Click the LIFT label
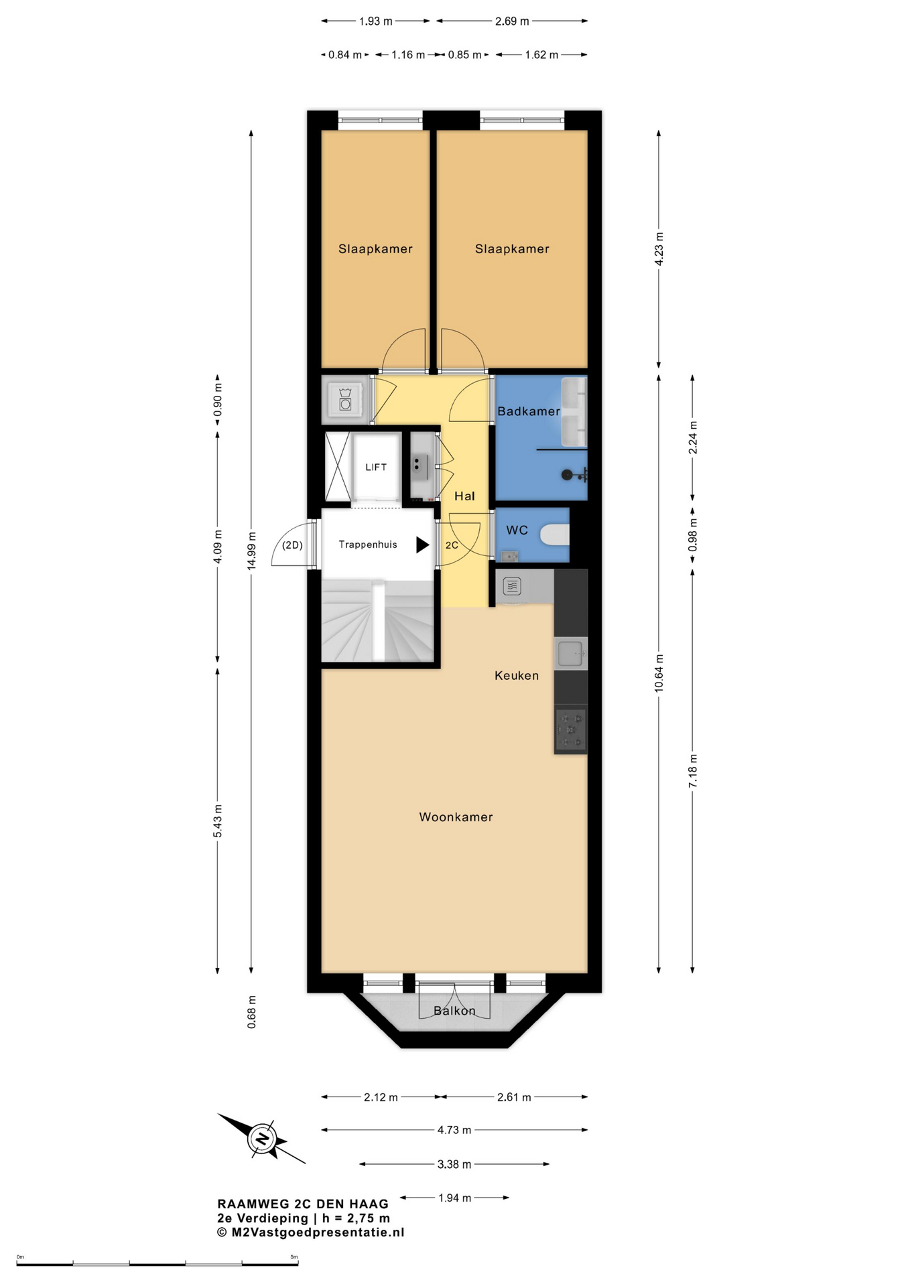coord(376,468)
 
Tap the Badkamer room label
coord(529,411)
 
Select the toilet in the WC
coord(556,535)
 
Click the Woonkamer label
coord(456,817)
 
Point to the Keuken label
coord(517,676)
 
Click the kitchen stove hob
coord(570,729)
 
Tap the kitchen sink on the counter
coord(570,653)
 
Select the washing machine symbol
coord(345,399)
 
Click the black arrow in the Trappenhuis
coord(422,545)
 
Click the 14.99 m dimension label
coord(251,551)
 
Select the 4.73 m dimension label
coord(454,1130)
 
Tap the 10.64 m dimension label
coord(659,674)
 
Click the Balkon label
coord(454,1011)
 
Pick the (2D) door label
coord(292,545)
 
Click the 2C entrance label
coord(452,545)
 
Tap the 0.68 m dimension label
coord(251,1012)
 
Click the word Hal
coord(464,496)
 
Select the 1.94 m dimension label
coord(455,1198)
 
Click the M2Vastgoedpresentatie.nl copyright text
coord(311,1232)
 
